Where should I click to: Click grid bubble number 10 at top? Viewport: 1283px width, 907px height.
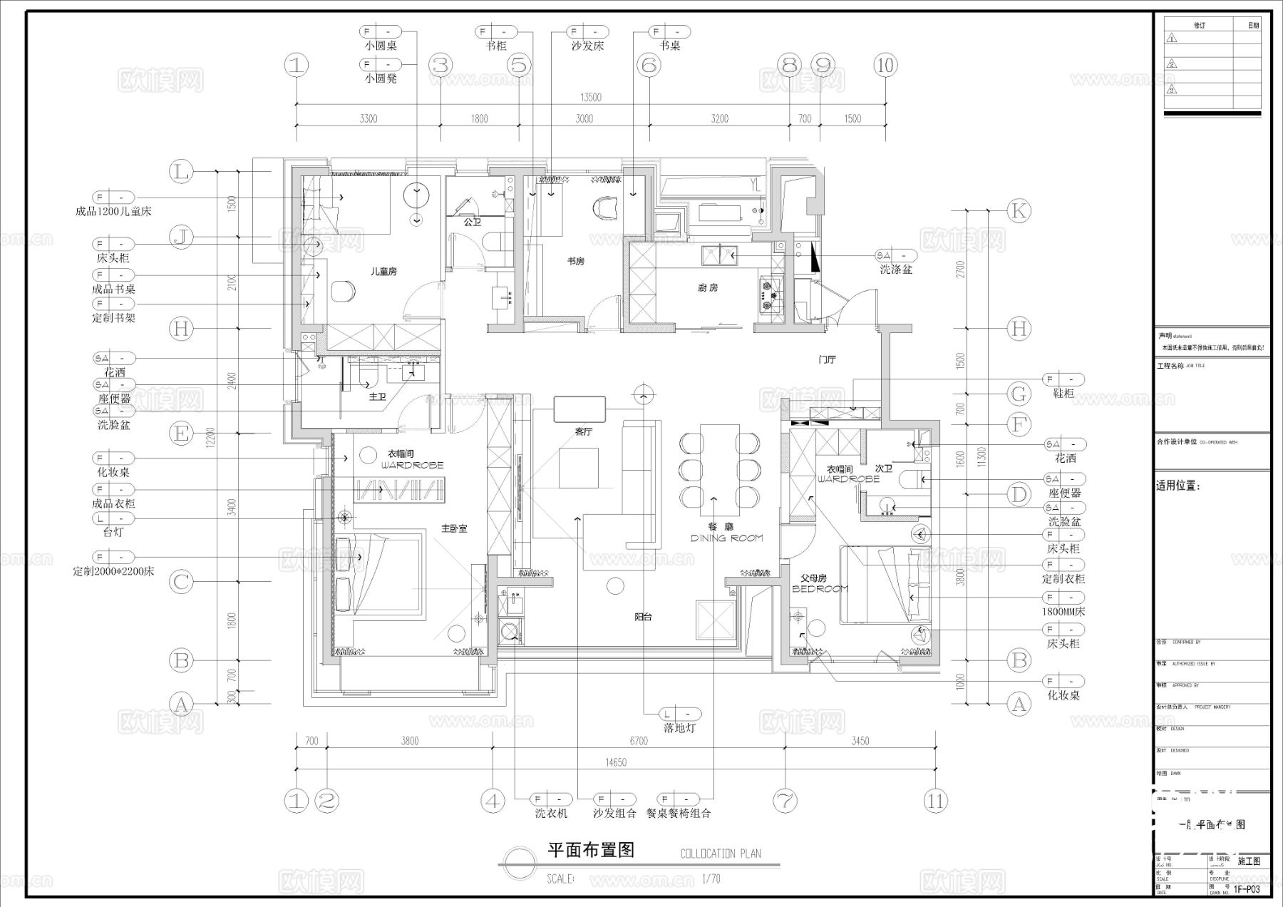point(885,66)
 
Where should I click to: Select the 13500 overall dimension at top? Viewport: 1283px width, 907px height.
point(591,98)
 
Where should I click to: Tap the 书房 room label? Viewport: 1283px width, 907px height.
point(576,262)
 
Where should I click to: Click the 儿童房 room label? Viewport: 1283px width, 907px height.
point(383,271)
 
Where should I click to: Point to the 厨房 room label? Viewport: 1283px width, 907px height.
point(708,287)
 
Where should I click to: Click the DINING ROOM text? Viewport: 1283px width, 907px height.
point(726,538)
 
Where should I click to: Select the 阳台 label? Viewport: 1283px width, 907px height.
point(643,617)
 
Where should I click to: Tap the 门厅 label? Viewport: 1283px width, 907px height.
point(827,360)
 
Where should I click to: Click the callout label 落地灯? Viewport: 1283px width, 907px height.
point(679,728)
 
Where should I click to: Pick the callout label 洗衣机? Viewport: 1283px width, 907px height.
point(551,813)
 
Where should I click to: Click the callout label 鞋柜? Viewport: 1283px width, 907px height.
point(1063,394)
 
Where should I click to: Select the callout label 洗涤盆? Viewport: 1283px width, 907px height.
point(895,270)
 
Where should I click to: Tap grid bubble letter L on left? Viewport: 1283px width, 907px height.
point(182,172)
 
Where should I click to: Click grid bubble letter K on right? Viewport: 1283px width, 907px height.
point(1019,210)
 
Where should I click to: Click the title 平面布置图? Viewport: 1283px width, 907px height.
point(590,850)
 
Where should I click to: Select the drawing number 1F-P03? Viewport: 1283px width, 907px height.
point(1247,889)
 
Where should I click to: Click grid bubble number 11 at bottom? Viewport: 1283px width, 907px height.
point(935,801)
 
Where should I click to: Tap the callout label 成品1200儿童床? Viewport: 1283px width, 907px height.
point(113,212)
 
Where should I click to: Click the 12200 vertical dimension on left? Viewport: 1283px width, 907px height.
point(210,444)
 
